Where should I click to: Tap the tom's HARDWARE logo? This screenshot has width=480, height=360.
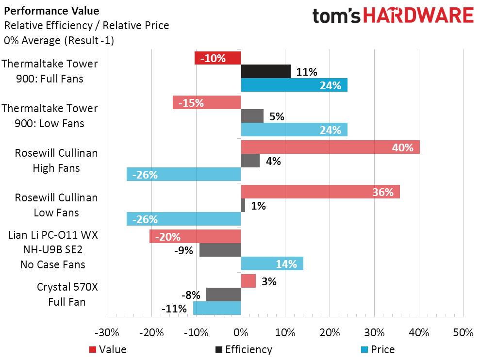coord(393,16)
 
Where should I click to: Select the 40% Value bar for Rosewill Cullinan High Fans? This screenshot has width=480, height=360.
coord(330,147)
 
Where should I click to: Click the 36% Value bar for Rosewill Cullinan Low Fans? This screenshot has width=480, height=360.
coord(320,192)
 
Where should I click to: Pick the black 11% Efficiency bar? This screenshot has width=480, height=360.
coord(265,72)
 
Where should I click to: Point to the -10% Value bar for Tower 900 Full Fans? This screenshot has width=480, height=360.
coord(217,58)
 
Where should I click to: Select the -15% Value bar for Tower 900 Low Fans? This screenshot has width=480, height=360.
coord(207,103)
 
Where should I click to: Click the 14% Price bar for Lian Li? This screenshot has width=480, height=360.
coord(272,264)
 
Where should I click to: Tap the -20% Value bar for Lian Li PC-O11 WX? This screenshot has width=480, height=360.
coord(195,237)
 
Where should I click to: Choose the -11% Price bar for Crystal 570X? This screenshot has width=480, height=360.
coord(217,309)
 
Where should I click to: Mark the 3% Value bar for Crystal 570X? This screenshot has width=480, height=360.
coord(248,281)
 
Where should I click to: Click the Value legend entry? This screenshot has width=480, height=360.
coord(108,349)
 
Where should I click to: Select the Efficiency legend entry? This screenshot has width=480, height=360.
coord(243,349)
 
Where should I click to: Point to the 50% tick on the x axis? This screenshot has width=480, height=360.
coord(463,333)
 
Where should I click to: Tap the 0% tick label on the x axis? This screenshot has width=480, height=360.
coord(241,333)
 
